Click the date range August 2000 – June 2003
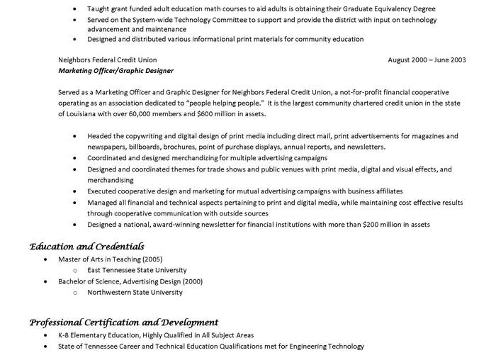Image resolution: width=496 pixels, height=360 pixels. tap(427, 60)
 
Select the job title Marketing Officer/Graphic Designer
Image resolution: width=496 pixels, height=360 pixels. tap(115, 71)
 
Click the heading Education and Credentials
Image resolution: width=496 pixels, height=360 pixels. tap(86, 247)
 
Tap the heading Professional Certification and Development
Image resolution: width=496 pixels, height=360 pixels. tap(124, 322)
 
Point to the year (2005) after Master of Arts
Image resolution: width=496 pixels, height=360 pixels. tap(152, 259)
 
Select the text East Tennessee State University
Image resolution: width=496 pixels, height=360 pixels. tap(137, 270)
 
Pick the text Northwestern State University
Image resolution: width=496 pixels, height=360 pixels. tap(135, 292)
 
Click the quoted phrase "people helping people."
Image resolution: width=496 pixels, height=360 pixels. tap(225, 103)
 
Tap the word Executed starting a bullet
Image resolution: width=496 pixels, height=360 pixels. tap(103, 191)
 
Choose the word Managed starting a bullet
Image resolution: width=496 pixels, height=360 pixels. tap(103, 203)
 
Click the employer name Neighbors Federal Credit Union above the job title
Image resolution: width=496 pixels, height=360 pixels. tap(108, 60)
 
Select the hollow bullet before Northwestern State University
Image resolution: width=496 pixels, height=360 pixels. tap(75, 292)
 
